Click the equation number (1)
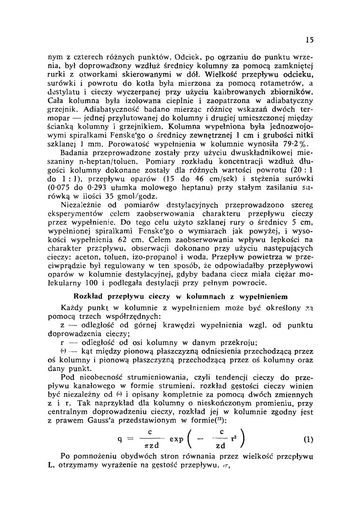pos(308,440)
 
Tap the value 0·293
pos(98,188)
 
